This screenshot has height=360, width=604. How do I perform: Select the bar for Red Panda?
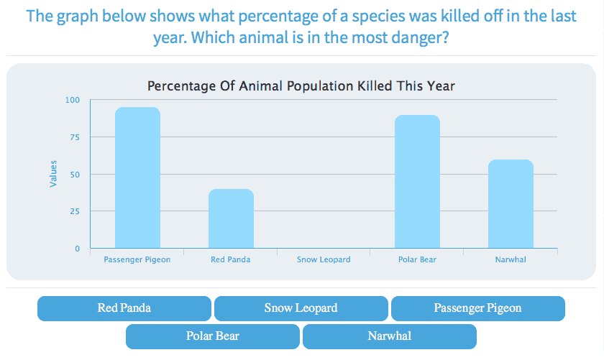(x=231, y=218)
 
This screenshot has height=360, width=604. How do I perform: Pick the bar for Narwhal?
(x=511, y=204)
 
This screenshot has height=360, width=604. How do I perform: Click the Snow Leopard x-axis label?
(x=324, y=259)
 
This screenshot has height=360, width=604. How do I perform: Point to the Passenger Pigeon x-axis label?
(x=137, y=259)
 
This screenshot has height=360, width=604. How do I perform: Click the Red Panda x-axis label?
(x=231, y=259)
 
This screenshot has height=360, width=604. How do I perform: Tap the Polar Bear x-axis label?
(x=417, y=259)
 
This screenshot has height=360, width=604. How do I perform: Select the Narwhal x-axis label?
(x=511, y=259)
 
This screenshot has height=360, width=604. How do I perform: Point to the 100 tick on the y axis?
(x=73, y=100)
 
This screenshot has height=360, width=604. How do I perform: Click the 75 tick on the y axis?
(x=75, y=137)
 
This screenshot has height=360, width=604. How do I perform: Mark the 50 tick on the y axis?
(x=75, y=175)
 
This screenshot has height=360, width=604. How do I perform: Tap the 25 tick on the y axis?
(x=75, y=212)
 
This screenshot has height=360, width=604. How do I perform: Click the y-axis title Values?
(x=53, y=175)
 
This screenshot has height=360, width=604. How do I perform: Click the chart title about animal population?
(x=301, y=86)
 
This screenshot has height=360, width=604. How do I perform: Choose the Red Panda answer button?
(x=124, y=308)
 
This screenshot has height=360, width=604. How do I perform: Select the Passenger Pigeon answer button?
(x=477, y=308)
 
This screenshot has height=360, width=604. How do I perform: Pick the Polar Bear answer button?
(x=212, y=336)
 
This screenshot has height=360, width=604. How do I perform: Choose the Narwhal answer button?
(x=389, y=336)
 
